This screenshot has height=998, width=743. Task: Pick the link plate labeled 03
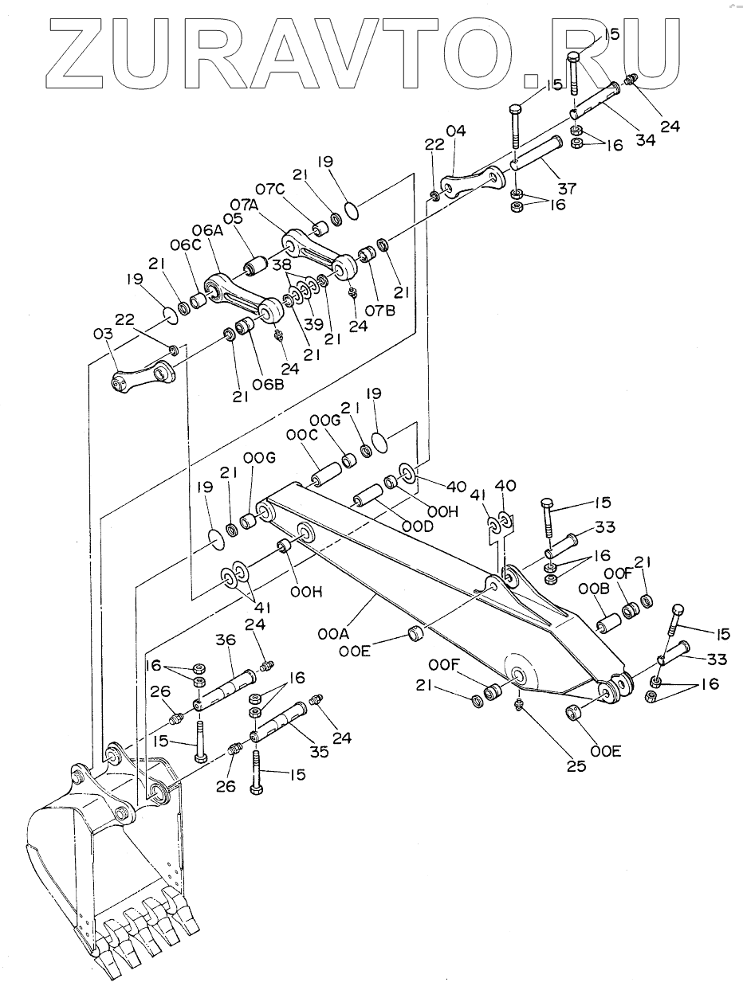click(143, 377)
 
